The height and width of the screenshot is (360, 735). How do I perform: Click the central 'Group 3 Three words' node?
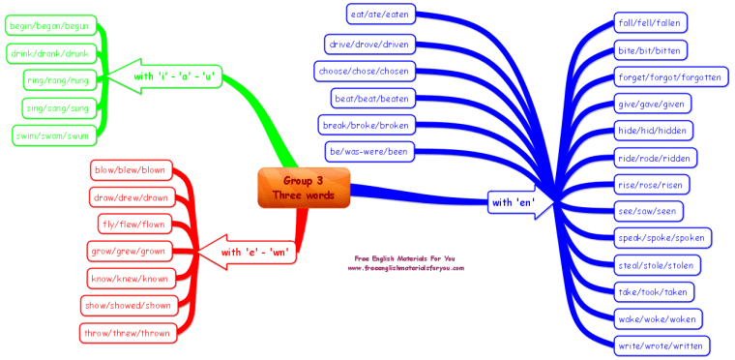[303, 187]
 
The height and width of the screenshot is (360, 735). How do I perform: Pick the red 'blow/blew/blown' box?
[130, 169]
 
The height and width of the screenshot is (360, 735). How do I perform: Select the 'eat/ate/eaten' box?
[381, 14]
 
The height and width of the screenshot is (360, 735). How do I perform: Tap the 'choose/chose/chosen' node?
[365, 70]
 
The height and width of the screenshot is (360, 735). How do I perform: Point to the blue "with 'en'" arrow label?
[514, 202]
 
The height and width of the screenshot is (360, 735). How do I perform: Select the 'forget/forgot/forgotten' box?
[668, 77]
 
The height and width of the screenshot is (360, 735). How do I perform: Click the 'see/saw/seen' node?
[649, 210]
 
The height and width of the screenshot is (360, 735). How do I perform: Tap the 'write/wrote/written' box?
[661, 345]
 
